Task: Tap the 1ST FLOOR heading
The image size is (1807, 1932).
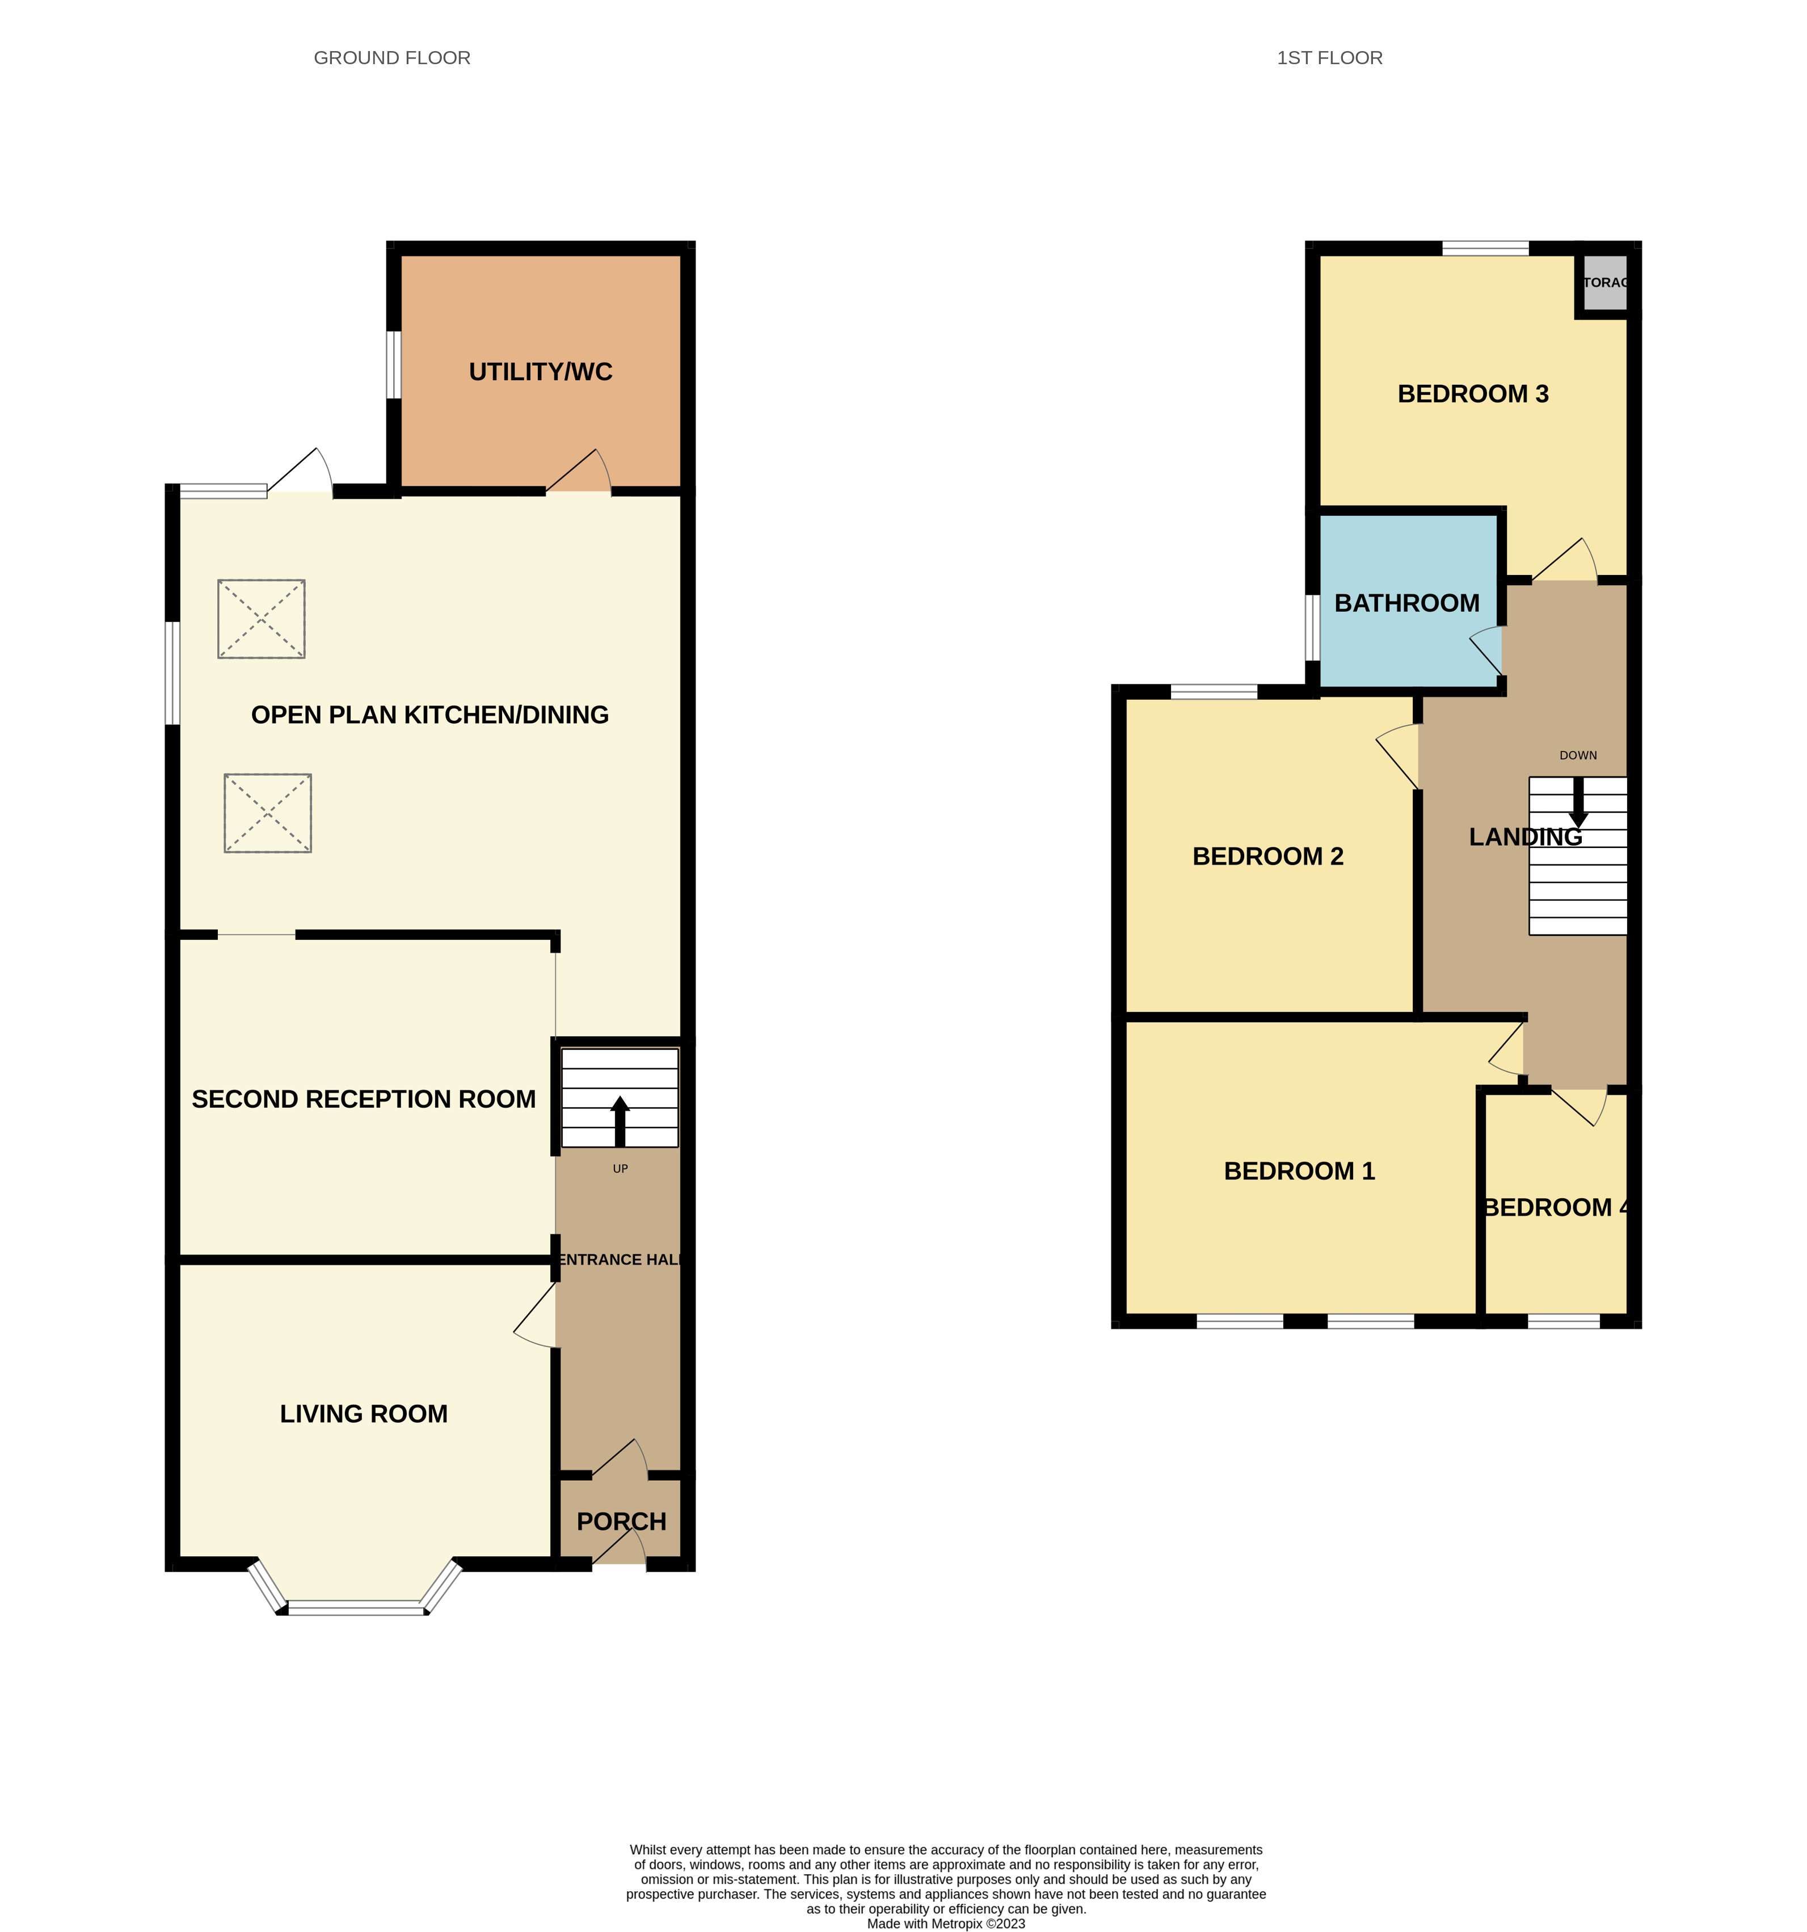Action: [1329, 58]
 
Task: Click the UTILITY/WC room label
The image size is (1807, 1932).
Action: [540, 372]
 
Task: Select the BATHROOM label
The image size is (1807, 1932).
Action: [1407, 603]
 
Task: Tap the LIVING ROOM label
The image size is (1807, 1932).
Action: [363, 1414]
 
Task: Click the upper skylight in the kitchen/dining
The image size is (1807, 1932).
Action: [262, 619]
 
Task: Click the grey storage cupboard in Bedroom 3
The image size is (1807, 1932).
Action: [1604, 283]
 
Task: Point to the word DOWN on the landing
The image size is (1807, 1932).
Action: [1578, 755]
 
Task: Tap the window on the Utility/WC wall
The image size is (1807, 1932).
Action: [394, 366]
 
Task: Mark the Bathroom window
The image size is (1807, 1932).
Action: [1312, 627]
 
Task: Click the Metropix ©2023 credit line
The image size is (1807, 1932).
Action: [945, 1922]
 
